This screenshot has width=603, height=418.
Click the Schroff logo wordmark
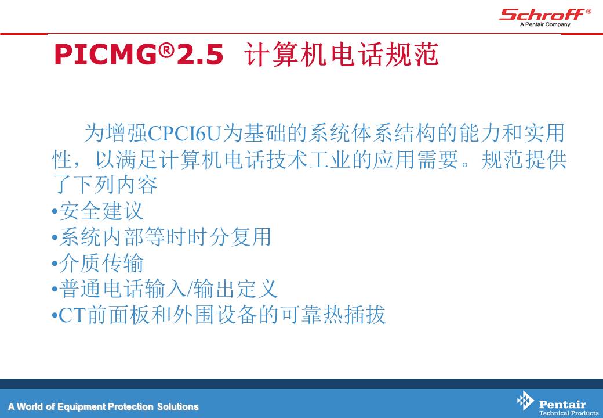coord(542,15)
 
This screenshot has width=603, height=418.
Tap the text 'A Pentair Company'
coord(545,24)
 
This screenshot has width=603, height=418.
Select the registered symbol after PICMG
coord(166,50)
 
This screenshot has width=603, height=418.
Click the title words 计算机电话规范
coord(342,54)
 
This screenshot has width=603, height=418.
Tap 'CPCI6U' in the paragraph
coord(185,134)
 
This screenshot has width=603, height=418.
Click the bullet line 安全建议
coord(97,211)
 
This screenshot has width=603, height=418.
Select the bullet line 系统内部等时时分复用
coord(162,237)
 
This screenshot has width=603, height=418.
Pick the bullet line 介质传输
coord(97,263)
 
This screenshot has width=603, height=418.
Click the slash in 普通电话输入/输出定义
coord(189,289)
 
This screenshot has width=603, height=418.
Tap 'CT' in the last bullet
coord(72,315)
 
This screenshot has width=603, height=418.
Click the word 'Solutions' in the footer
coord(177,406)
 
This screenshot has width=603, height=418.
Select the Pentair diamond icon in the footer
coord(525,401)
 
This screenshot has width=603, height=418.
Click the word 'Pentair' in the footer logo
coord(562,404)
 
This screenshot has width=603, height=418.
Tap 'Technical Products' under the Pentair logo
coord(569,413)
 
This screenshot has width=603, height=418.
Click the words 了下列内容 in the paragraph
coord(105,185)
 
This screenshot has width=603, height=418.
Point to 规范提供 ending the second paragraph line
coord(524,159)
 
